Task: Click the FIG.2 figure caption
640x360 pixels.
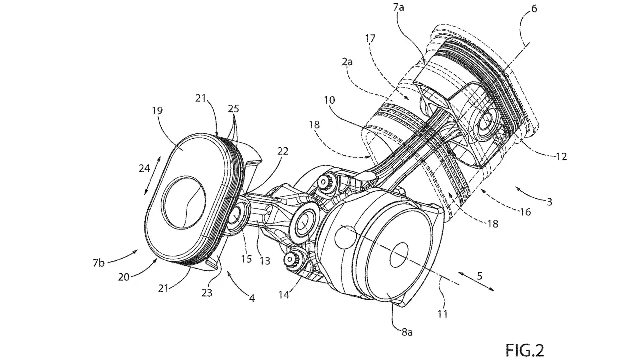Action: pos(525,350)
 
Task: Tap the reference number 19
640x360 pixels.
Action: pos(157,110)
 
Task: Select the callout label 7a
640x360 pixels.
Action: pos(398,7)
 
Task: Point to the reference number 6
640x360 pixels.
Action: pos(534,9)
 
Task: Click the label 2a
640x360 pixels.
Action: pos(347,62)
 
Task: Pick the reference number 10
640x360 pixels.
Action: pos(330,100)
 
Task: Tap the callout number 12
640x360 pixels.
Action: pos(561,156)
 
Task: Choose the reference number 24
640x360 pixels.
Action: pos(144,168)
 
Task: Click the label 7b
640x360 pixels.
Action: pos(99,263)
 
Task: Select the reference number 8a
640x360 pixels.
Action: pos(407,332)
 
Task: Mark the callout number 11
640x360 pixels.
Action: pos(443,314)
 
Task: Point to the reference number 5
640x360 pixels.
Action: pos(479,276)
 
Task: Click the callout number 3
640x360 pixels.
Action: pos(549,202)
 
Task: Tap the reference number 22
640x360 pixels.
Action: pos(283,151)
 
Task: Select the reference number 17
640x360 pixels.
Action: pos(370,38)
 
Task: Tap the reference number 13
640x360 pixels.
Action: pos(265,261)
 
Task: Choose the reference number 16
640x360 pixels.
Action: pos(525,212)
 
